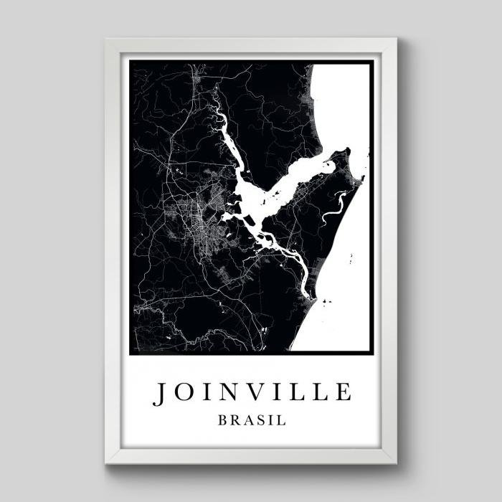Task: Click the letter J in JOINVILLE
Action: (x=161, y=393)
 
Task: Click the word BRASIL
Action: (x=251, y=420)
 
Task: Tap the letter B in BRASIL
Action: (x=222, y=420)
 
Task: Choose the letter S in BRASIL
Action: (x=258, y=420)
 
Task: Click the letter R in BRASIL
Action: (x=233, y=420)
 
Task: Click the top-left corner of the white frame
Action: (x=107, y=40)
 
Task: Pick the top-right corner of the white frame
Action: (x=395, y=40)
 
